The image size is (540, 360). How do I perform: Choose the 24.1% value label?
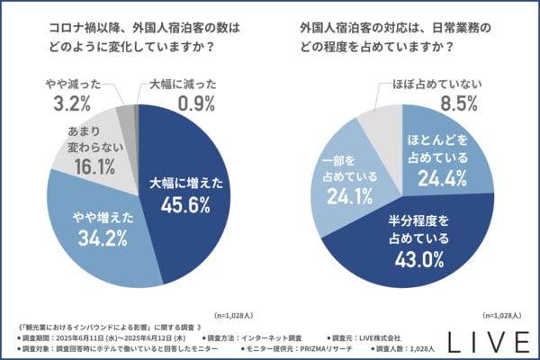coord(342,194)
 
